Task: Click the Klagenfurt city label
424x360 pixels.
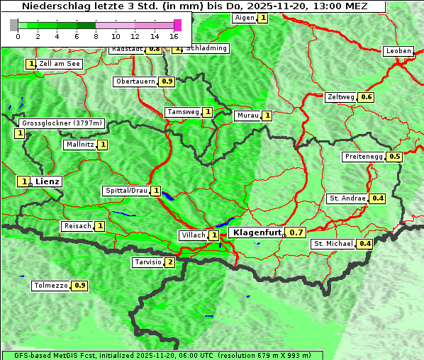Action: click(256, 232)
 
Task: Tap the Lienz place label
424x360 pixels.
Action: click(48, 181)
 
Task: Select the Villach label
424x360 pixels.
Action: click(193, 235)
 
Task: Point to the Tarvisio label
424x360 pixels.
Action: click(147, 262)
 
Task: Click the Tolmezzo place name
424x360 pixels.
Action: click(51, 286)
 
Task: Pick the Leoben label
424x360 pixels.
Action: click(398, 51)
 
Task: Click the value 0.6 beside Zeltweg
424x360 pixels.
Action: click(367, 97)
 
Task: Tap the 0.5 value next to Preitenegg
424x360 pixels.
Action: click(395, 157)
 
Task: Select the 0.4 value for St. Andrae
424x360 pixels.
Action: click(378, 198)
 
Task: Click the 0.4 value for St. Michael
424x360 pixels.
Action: click(365, 244)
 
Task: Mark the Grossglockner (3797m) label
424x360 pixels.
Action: click(62, 123)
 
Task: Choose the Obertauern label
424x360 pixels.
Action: click(135, 81)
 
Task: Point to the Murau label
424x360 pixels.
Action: click(247, 116)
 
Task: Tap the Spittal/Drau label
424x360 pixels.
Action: click(126, 191)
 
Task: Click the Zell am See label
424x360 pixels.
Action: click(60, 64)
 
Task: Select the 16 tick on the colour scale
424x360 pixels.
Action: click(174, 35)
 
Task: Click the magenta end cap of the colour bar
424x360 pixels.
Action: click(177, 25)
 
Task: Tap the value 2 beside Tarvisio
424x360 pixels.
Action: click(169, 262)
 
